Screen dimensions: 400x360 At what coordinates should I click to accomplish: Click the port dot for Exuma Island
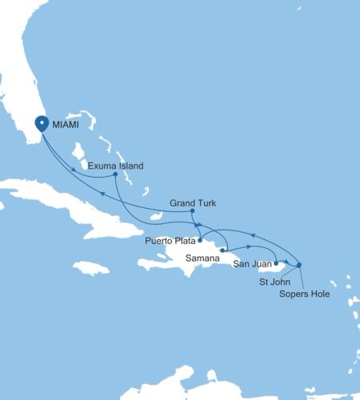116,174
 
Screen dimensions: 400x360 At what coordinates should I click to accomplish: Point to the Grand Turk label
194,203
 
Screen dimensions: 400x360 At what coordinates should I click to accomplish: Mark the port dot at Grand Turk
192,211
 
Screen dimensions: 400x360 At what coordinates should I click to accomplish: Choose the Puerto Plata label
170,240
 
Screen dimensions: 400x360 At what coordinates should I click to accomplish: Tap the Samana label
200,258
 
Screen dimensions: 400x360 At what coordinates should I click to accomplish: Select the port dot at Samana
222,250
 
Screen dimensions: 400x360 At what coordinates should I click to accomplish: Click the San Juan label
250,262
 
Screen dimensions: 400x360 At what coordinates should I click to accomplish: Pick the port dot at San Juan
276,262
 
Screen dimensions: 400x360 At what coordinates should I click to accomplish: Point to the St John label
274,282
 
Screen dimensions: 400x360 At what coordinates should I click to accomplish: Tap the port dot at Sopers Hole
298,265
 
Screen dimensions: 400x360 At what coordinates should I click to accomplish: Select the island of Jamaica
91,268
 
